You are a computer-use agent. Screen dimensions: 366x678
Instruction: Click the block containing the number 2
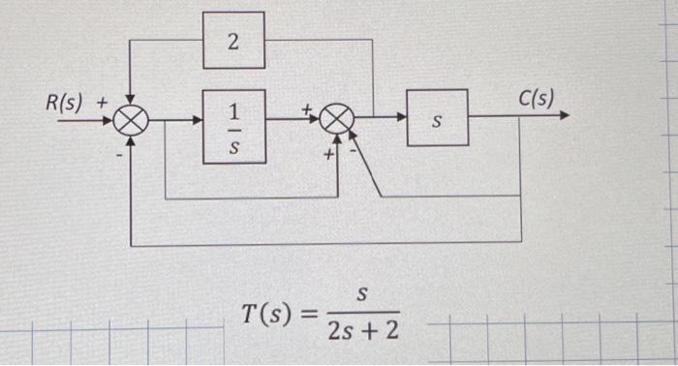coord(233,41)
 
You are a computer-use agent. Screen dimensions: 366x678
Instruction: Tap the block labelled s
coord(437,117)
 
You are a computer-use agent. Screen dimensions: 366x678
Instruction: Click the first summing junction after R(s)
coord(129,121)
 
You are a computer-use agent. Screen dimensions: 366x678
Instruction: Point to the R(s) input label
coord(65,102)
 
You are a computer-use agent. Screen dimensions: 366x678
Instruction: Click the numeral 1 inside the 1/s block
coord(233,110)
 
